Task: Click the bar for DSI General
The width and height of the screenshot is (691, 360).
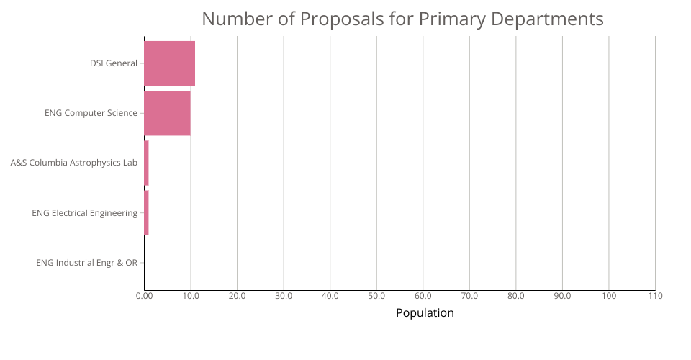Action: click(x=169, y=63)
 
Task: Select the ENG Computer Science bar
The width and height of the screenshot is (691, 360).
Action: click(x=167, y=113)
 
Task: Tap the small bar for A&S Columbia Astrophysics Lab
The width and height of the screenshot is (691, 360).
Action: click(x=146, y=163)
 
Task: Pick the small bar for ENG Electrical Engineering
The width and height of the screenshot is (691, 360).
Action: click(x=146, y=212)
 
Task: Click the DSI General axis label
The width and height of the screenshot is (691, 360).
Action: click(x=113, y=63)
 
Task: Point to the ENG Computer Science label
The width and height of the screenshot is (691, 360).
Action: click(x=91, y=113)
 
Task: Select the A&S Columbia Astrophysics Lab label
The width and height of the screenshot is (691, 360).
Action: click(x=73, y=163)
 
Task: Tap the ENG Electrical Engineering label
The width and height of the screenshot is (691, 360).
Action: click(x=84, y=212)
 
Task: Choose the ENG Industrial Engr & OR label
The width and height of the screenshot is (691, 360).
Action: click(x=86, y=262)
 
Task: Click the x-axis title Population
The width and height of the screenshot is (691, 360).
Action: click(x=425, y=312)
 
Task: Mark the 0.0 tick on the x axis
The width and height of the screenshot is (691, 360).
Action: click(x=144, y=296)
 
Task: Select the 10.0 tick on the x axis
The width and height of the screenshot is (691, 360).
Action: click(x=191, y=296)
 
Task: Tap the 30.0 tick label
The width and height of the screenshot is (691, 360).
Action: click(x=284, y=296)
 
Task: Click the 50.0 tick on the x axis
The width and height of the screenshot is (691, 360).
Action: click(x=376, y=296)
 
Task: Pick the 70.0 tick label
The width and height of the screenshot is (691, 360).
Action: click(x=469, y=296)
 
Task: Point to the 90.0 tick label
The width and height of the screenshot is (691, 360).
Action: click(x=562, y=296)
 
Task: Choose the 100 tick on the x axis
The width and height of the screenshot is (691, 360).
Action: click(x=609, y=296)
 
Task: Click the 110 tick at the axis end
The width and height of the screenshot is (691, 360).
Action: click(x=655, y=296)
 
